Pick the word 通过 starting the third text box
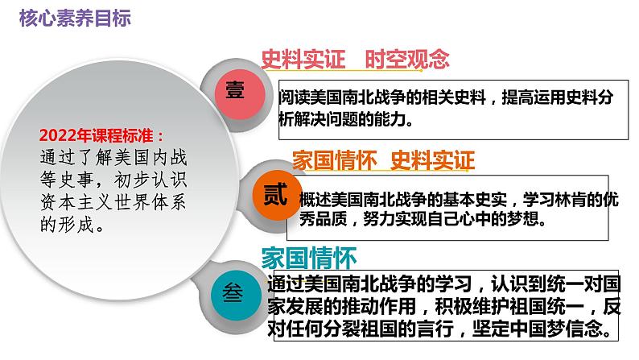pos(286,283)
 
